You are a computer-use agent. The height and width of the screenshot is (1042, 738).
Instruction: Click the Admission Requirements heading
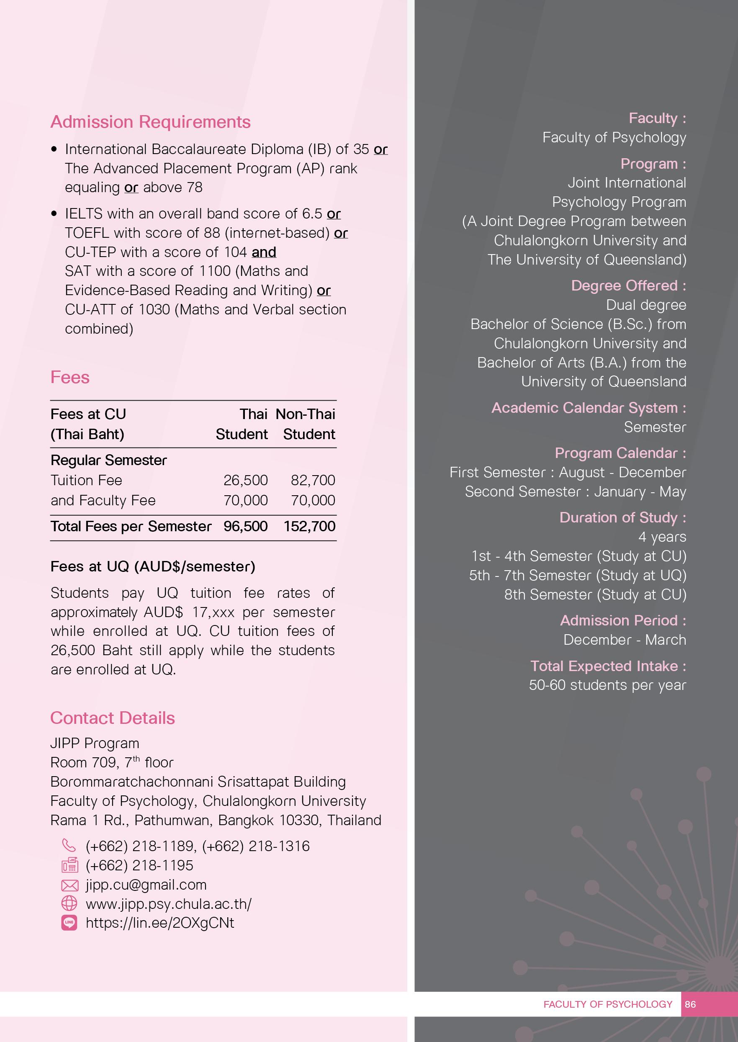pyautogui.click(x=150, y=122)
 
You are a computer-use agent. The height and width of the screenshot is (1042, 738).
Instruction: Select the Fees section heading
pyautogui.click(x=70, y=377)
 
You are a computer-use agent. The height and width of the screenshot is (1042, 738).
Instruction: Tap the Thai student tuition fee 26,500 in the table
pyautogui.click(x=245, y=480)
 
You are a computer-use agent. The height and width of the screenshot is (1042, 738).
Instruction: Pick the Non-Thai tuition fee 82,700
pyautogui.click(x=313, y=480)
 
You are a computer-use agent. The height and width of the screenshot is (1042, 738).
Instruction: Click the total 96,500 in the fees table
pyautogui.click(x=245, y=526)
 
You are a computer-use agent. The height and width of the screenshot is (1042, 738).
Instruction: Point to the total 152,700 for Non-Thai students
pyautogui.click(x=309, y=526)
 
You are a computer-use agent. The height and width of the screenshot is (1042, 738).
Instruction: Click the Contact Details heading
pyautogui.click(x=112, y=718)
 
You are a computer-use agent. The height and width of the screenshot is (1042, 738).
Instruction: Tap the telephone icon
pyautogui.click(x=69, y=845)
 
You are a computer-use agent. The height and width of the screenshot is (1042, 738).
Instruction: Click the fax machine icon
pyautogui.click(x=69, y=865)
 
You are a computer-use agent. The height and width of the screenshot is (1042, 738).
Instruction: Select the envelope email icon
pyautogui.click(x=69, y=885)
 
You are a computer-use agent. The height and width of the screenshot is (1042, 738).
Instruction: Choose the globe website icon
pyautogui.click(x=69, y=903)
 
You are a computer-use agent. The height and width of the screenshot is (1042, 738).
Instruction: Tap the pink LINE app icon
pyautogui.click(x=69, y=923)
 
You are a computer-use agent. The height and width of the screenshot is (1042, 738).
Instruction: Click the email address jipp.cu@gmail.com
pyautogui.click(x=146, y=885)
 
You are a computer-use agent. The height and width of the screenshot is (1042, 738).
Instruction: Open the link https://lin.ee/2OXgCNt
pyautogui.click(x=160, y=923)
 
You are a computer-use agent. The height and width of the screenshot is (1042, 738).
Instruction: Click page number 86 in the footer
pyautogui.click(x=690, y=1004)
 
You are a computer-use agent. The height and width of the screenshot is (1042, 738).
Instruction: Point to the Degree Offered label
pyautogui.click(x=628, y=286)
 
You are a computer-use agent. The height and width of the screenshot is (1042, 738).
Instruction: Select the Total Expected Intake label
pyautogui.click(x=608, y=666)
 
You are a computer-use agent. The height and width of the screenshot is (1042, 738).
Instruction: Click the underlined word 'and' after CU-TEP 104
pyautogui.click(x=264, y=252)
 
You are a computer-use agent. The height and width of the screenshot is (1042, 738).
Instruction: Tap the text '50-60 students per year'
pyautogui.click(x=607, y=685)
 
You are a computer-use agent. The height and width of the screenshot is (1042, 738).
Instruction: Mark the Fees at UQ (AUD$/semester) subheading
pyautogui.click(x=153, y=566)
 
